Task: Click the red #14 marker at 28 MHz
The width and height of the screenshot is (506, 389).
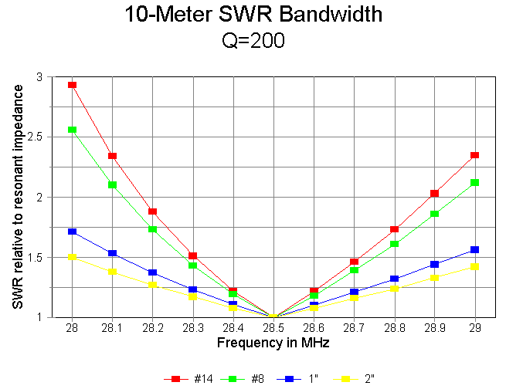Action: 72,85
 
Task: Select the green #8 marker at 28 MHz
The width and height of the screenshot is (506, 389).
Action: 72,130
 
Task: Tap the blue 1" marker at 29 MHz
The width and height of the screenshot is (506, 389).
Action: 475,249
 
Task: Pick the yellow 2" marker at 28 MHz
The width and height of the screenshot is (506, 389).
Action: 72,257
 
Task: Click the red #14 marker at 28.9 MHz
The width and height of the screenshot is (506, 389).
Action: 435,193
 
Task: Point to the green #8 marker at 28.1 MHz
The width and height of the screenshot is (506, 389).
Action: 112,184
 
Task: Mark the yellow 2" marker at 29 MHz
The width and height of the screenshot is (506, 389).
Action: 475,266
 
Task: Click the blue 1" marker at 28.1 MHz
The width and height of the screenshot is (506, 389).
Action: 112,253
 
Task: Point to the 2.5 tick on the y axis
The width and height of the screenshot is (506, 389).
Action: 39,137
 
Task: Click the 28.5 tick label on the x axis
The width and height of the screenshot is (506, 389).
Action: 273,328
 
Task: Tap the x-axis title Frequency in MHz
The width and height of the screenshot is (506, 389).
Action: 273,342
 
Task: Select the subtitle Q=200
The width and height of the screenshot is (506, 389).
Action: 253,41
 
